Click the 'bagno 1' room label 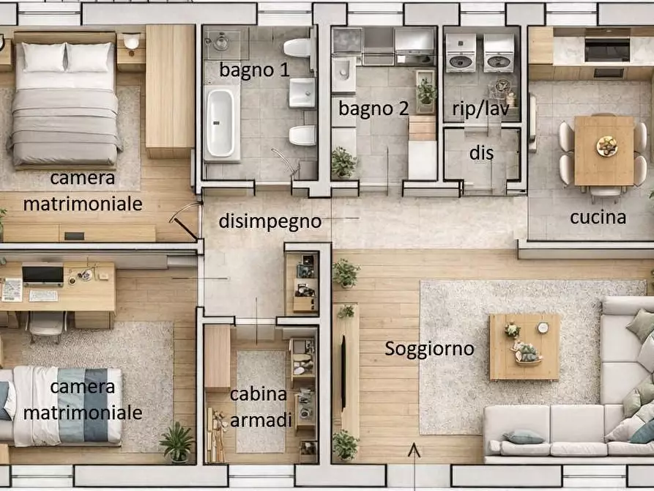[x=254, y=70]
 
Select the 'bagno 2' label [x=374, y=108]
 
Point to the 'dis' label [x=481, y=154]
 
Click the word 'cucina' [x=598, y=217]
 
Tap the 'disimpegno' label [x=270, y=221]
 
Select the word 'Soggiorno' [x=429, y=349]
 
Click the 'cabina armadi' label [x=259, y=407]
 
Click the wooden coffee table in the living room [x=524, y=347]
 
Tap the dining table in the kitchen [x=605, y=150]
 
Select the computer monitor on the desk [x=42, y=274]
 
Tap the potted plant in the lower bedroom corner [x=176, y=442]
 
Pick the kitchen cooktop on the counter [x=606, y=49]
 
